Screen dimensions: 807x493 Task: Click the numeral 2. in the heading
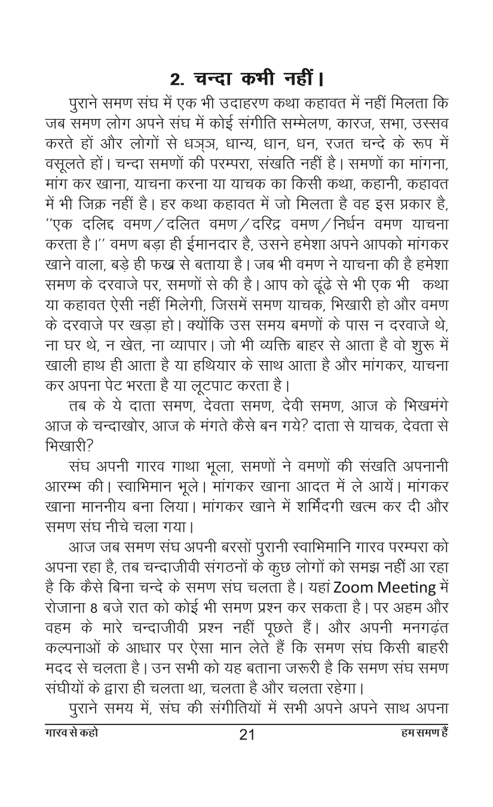177,79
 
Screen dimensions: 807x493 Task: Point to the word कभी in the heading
259,78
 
